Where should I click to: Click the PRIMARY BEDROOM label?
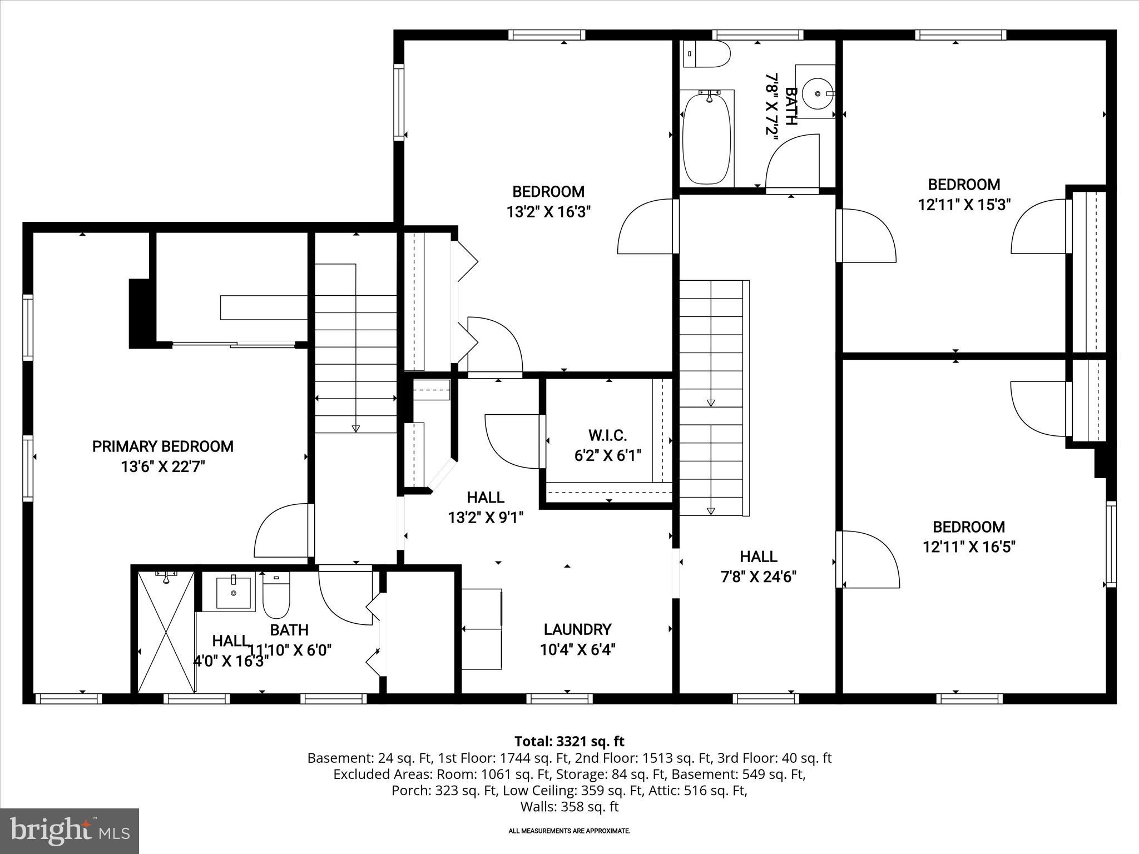point(162,446)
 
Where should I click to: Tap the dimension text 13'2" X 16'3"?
point(548,212)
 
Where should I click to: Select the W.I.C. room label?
point(607,435)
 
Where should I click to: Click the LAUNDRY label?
point(577,629)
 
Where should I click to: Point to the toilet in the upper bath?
point(706,54)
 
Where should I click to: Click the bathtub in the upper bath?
point(706,139)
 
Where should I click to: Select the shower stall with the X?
point(166,632)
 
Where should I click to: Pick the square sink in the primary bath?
point(233,593)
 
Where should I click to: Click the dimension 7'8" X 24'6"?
point(759,577)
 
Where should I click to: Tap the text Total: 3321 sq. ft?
point(569,741)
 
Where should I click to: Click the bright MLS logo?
point(70,831)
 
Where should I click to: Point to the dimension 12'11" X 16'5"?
point(969,547)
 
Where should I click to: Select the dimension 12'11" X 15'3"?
point(964,205)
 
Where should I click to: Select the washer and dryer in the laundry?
point(482,629)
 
